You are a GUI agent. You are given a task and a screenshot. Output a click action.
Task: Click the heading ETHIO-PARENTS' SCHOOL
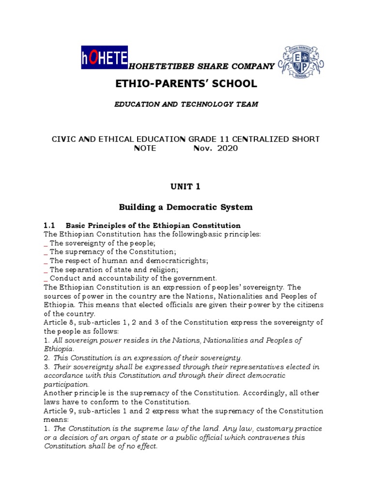coord(186,83)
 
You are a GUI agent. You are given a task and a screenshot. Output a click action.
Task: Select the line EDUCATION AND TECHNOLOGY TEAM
coord(186,104)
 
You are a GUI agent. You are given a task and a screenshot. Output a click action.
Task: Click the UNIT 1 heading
coord(186,186)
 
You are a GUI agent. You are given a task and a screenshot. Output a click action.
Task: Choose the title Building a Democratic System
coord(186,207)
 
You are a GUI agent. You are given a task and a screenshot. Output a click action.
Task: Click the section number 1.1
coord(50,225)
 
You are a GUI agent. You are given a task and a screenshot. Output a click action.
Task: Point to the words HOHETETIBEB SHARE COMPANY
coord(201,66)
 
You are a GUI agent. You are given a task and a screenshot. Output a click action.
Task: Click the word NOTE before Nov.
coord(145,148)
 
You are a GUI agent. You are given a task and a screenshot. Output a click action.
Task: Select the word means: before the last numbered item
coord(56,419)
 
